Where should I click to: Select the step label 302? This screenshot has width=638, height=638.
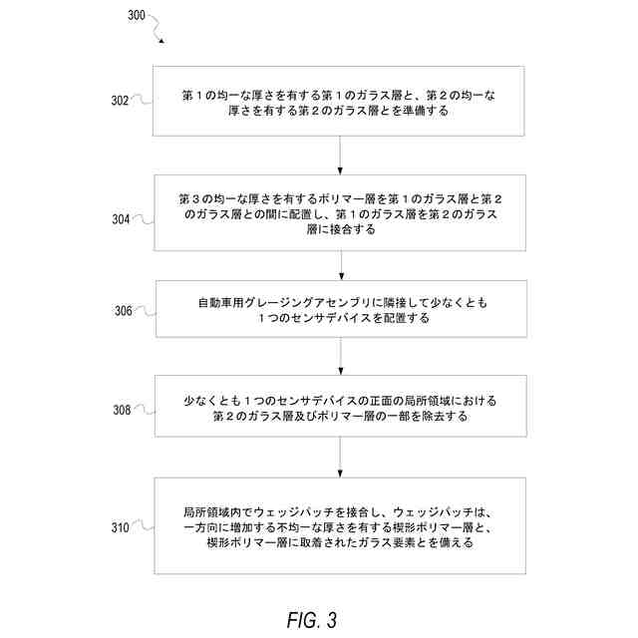120,100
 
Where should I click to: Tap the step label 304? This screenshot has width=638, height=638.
120,219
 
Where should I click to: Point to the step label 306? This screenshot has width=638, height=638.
123,310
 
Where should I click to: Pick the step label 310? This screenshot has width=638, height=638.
120,526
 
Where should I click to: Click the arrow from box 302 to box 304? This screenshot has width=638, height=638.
341,155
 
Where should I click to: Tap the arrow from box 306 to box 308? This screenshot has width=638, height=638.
341,357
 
